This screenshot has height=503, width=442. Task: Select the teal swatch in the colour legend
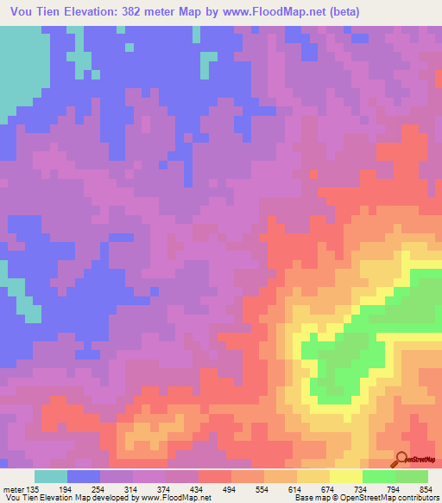[x=51, y=476]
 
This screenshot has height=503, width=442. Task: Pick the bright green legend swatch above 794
[x=379, y=476]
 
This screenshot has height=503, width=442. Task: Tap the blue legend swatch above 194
[x=85, y=476]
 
